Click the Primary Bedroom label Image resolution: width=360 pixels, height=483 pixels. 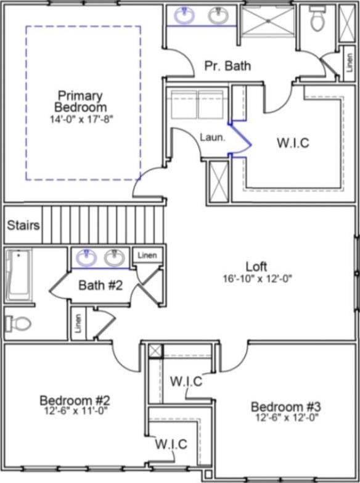pyautogui.click(x=81, y=101)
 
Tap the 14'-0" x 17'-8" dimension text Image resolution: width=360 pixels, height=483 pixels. pyautogui.click(x=80, y=119)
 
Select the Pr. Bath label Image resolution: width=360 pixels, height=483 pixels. pyautogui.click(x=227, y=66)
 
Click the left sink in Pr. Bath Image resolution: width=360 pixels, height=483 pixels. pyautogui.click(x=184, y=15)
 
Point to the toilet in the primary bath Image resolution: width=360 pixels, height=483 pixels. pyautogui.click(x=317, y=18)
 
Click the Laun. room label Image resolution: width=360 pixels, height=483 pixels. pyautogui.click(x=213, y=138)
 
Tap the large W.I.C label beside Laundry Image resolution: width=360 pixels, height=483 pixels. pyautogui.click(x=293, y=143)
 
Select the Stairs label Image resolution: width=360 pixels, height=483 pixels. pyautogui.click(x=23, y=225)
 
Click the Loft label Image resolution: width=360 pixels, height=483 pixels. pyautogui.click(x=256, y=266)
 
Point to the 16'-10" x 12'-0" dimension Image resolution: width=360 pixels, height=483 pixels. pyautogui.click(x=257, y=279)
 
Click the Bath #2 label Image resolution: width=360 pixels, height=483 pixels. pyautogui.click(x=100, y=285)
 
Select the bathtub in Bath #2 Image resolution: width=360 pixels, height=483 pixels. pyautogui.click(x=18, y=275)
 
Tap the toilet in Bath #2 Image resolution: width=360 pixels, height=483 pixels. pyautogui.click(x=18, y=323)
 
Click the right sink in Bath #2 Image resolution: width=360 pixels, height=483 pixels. pyautogui.click(x=114, y=258)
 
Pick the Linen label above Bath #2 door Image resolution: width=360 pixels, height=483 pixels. pyautogui.click(x=147, y=255)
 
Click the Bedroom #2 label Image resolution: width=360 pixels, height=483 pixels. pyautogui.click(x=75, y=401)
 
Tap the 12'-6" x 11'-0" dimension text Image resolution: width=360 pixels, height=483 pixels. pyautogui.click(x=75, y=411)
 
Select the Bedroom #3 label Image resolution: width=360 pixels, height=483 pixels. pyautogui.click(x=286, y=407)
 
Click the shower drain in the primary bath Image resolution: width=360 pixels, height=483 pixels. pyautogui.click(x=268, y=21)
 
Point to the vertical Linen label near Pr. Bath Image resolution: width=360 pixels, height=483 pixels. pyautogui.click(x=350, y=63)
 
